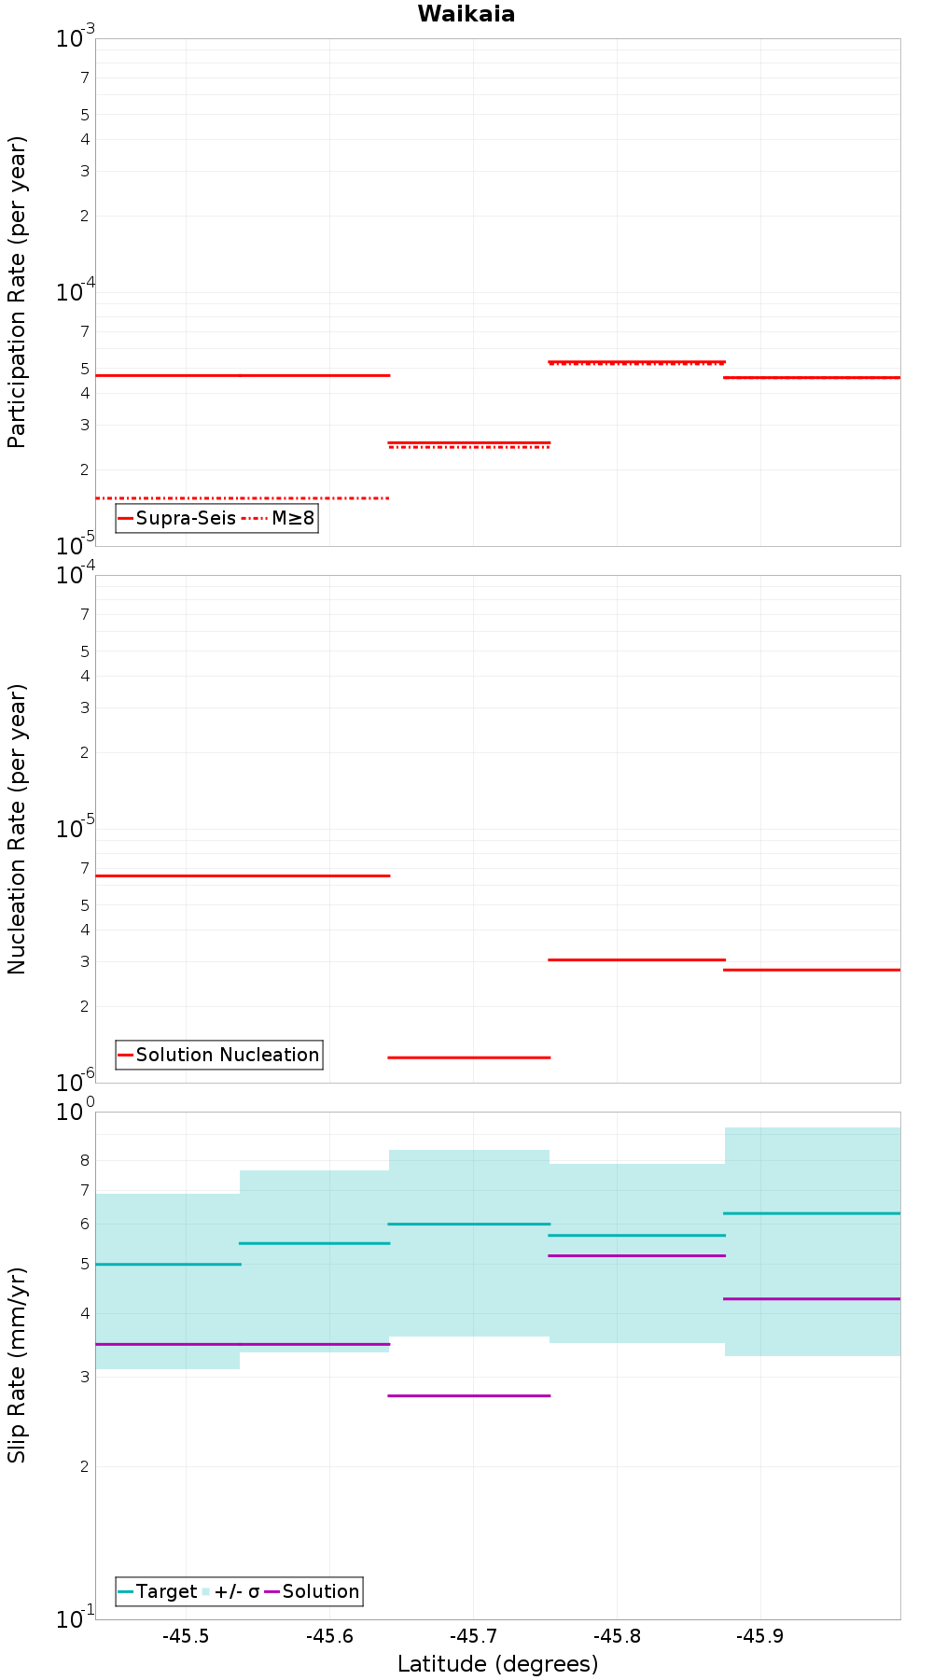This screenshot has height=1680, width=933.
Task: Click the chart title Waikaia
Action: click(x=466, y=14)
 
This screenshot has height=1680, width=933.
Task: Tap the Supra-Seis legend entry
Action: click(x=177, y=518)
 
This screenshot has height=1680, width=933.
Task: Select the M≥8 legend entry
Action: click(x=280, y=518)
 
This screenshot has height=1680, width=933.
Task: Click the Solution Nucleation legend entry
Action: click(x=219, y=1055)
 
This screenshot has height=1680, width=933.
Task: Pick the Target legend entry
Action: click(x=157, y=1591)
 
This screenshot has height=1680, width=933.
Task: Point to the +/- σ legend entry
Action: click(x=231, y=1591)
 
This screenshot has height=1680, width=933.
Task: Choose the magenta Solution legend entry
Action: click(x=313, y=1591)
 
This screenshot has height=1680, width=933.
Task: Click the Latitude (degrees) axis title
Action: click(x=497, y=1664)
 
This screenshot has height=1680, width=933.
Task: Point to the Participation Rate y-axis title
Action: click(x=17, y=292)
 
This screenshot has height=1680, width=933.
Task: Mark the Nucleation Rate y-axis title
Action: click(x=17, y=829)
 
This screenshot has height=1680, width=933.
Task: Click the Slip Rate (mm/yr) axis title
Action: click(x=17, y=1365)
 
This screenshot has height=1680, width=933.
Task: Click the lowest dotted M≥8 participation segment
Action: click(x=243, y=498)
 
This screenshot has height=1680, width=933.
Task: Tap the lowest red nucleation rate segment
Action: click(x=468, y=1057)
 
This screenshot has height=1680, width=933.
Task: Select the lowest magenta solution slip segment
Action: click(x=468, y=1395)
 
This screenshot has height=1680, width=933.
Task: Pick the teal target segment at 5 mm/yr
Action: click(x=168, y=1264)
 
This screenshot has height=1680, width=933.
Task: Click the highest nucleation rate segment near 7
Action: click(x=243, y=875)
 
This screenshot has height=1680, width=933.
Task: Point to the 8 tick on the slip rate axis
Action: click(x=84, y=1160)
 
